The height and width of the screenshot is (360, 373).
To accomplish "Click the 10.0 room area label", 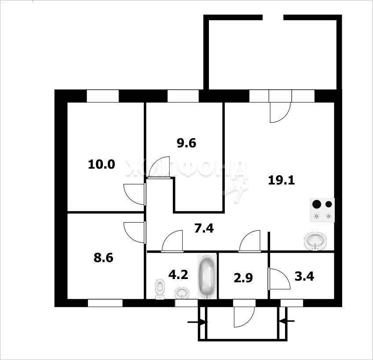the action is click(x=102, y=165).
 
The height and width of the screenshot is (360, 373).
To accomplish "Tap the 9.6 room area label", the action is click(x=186, y=143).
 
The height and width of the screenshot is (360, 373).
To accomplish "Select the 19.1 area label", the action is click(x=282, y=180).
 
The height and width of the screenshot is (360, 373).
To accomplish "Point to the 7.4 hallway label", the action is click(x=204, y=228).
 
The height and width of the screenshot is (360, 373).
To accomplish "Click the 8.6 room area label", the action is click(x=103, y=258).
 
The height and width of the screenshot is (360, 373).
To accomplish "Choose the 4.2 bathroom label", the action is click(x=178, y=275).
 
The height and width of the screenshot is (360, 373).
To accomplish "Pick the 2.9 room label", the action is click(x=243, y=278).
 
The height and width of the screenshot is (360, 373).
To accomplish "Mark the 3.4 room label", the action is click(x=304, y=276).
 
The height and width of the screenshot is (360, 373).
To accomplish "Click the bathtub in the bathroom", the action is click(x=207, y=277).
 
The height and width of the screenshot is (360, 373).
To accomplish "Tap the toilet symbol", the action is click(x=160, y=289).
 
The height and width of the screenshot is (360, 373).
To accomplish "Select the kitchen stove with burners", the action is click(x=322, y=210).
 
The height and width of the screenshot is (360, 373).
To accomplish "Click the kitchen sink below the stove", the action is click(x=315, y=241).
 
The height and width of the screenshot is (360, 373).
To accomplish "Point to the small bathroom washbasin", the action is click(x=182, y=293).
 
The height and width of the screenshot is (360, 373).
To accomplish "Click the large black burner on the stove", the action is click(x=317, y=204).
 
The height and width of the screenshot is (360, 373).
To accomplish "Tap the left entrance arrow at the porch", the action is click(x=197, y=322).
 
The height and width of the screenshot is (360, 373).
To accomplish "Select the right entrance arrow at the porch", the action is click(x=287, y=321).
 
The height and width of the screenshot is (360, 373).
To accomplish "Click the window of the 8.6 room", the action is click(x=105, y=303).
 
